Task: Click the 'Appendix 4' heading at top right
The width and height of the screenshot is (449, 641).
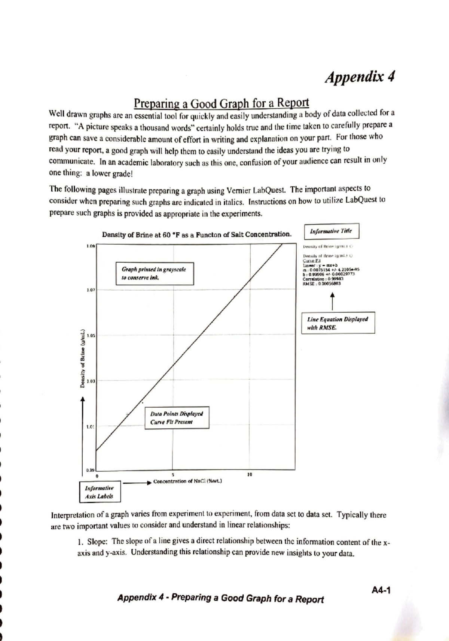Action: point(360,77)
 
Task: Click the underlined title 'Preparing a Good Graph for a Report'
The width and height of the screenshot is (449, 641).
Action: point(222,102)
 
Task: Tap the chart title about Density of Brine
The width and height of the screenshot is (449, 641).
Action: point(196,235)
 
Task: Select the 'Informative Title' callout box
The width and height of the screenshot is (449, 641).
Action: point(331,231)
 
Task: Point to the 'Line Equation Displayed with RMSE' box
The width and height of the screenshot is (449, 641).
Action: point(337,323)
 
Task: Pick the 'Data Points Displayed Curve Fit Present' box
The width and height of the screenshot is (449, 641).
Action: point(177,418)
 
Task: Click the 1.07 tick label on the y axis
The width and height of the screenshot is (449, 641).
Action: point(91,290)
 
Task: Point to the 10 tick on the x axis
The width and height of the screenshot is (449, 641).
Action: point(250,474)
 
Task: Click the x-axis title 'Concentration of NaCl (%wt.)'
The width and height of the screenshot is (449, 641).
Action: point(187,481)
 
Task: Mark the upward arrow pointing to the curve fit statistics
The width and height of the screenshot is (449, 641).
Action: point(332,300)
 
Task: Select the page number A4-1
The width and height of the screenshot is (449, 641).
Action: point(381,590)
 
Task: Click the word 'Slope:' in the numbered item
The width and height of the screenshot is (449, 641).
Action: point(98,541)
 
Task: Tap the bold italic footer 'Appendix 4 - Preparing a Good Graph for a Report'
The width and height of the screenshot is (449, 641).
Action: point(220,598)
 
